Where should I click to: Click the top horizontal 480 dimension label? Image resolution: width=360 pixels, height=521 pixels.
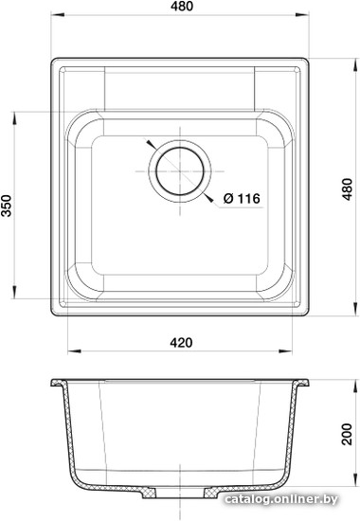182,6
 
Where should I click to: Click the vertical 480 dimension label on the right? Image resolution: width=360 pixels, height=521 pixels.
348,189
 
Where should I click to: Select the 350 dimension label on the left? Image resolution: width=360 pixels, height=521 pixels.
7,206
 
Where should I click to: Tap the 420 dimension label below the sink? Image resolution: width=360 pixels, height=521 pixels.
181,342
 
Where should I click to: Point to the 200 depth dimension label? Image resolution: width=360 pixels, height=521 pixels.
348,434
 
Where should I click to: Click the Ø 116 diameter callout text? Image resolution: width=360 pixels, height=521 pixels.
242,198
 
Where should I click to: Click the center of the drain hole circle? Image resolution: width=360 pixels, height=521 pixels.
180,171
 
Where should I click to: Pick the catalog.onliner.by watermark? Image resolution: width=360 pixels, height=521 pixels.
281,499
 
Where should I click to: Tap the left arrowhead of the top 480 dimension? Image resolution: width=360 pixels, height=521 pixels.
57,14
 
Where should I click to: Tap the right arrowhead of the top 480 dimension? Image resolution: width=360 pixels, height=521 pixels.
302,14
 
